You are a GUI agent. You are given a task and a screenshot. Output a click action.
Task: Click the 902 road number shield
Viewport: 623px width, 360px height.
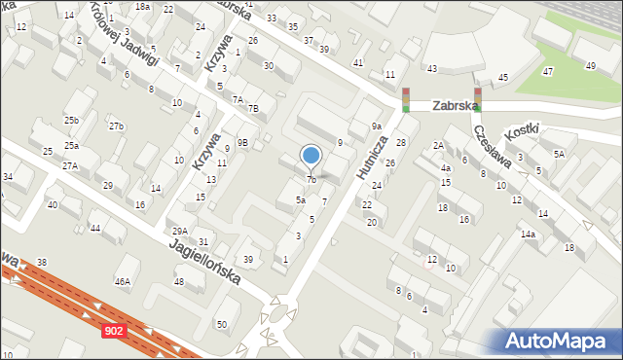(x=114, y=332)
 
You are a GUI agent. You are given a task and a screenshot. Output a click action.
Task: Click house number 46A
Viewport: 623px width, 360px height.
(x=122, y=282)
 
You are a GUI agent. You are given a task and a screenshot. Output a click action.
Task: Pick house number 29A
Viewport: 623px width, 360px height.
(x=180, y=232)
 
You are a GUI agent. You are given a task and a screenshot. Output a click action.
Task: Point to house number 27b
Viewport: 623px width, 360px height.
(x=117, y=127)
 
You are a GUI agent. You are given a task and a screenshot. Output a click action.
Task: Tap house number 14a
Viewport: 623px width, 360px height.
(x=528, y=234)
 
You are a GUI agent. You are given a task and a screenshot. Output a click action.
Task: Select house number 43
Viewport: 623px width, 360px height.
(x=432, y=69)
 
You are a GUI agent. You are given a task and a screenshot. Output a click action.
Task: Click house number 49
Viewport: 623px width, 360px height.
(x=590, y=65)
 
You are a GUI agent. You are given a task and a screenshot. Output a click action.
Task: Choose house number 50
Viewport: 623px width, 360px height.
(x=222, y=324)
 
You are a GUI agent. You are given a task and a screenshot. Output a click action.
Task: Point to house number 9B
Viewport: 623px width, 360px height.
(x=243, y=143)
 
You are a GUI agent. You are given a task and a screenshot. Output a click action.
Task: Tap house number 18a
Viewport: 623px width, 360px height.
(x=142, y=7)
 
